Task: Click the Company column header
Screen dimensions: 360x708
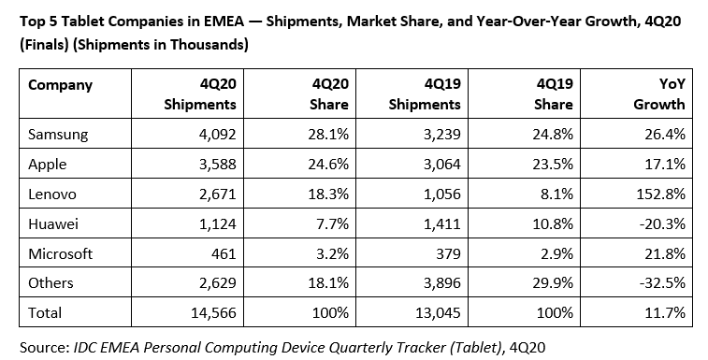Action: (61, 85)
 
